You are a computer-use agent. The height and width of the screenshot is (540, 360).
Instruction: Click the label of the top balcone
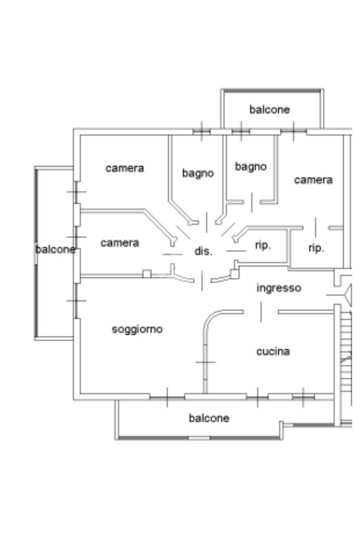click(269, 110)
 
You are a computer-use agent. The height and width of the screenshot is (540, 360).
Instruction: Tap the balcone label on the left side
click(56, 249)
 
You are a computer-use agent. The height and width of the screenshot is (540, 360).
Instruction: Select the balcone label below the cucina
click(209, 418)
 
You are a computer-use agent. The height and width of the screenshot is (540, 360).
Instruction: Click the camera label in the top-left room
click(125, 168)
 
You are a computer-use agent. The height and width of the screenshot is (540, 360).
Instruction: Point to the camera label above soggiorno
click(120, 243)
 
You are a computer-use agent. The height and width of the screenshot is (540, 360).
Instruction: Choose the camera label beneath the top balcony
click(313, 180)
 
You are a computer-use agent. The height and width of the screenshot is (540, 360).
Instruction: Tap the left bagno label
click(198, 172)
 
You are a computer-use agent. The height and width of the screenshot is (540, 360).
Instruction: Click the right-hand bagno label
click(250, 167)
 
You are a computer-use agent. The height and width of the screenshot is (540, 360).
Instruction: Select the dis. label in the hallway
click(203, 252)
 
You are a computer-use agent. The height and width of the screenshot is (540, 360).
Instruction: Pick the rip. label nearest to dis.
click(262, 246)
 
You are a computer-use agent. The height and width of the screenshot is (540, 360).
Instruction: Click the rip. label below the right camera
click(316, 248)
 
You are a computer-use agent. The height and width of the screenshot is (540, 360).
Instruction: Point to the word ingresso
click(278, 288)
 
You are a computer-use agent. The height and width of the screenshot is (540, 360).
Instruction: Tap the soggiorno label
click(138, 330)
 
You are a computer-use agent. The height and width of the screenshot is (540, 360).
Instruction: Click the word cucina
click(273, 351)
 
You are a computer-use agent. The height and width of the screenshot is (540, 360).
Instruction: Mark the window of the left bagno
click(201, 131)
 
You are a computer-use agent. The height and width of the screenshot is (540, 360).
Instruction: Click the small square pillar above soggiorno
click(147, 274)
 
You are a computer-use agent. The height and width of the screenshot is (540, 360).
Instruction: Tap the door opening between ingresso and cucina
click(261, 312)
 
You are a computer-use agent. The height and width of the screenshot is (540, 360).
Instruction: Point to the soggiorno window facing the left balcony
click(77, 301)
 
